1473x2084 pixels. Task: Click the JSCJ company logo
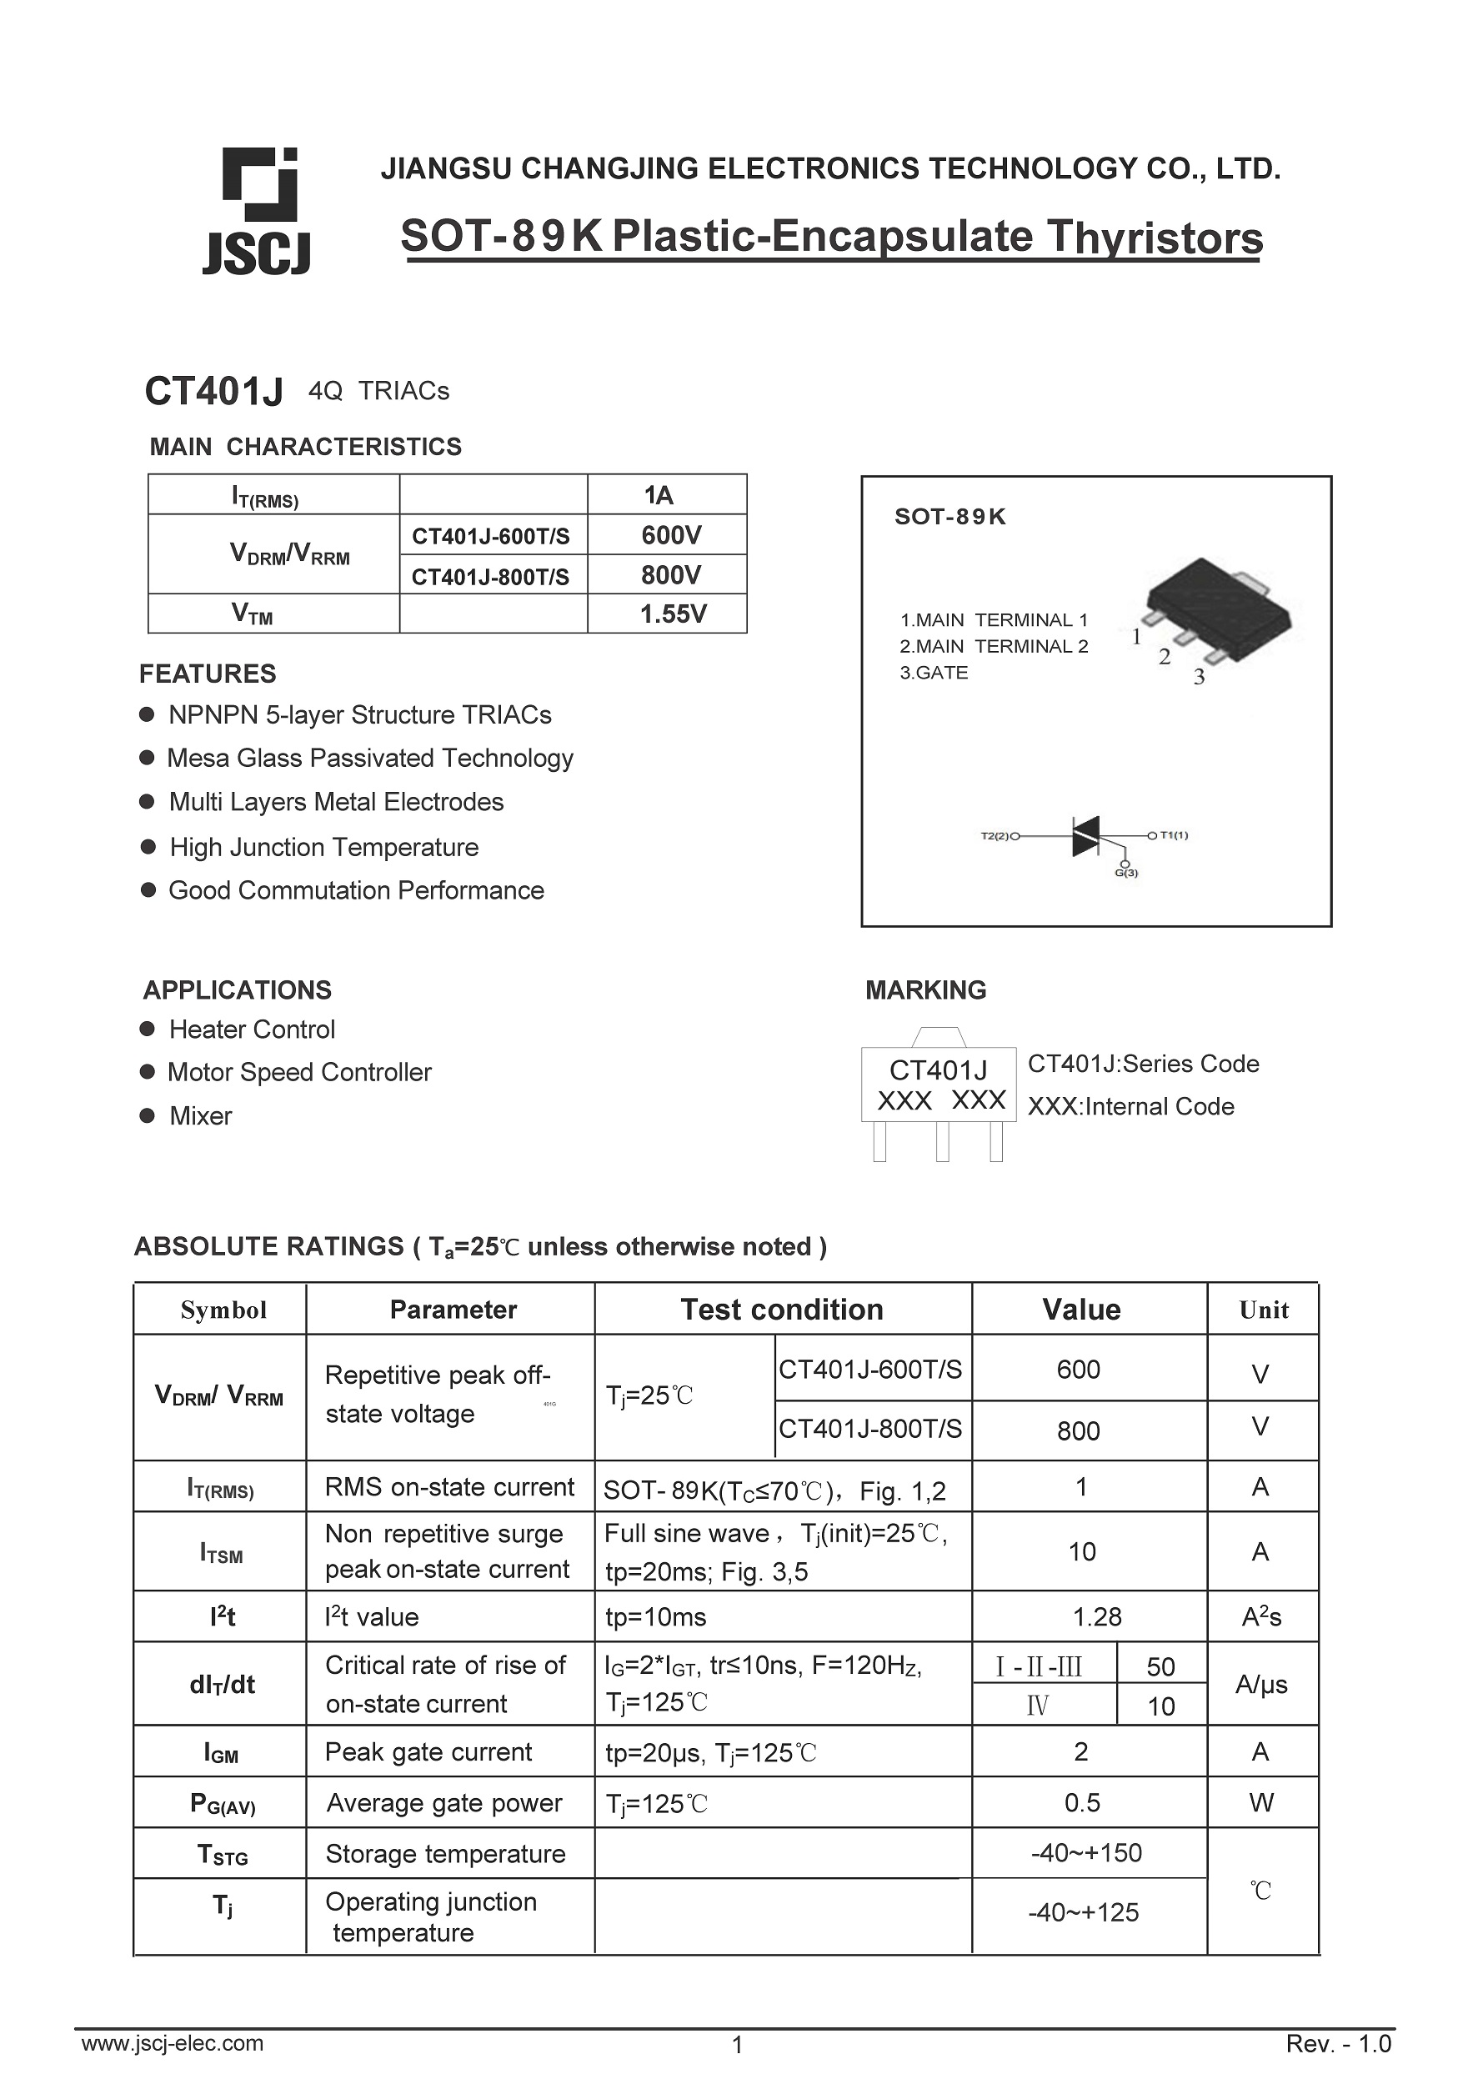click(257, 211)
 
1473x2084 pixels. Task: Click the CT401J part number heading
click(213, 391)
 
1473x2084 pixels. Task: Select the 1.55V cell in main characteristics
click(672, 614)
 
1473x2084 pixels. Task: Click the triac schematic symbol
click(1085, 835)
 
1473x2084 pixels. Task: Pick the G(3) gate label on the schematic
click(1125, 873)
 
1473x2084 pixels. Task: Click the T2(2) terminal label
click(995, 835)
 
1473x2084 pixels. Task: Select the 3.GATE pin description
click(933, 673)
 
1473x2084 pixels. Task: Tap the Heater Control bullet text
click(252, 1029)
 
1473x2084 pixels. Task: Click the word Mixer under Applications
click(201, 1115)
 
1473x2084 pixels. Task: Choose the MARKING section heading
click(924, 990)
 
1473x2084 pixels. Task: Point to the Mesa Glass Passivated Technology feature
click(369, 758)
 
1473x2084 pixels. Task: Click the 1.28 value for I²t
click(1096, 1616)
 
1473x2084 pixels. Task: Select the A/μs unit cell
click(1260, 1685)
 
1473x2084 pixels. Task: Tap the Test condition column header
click(781, 1310)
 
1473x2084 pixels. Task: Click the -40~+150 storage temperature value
click(1085, 1852)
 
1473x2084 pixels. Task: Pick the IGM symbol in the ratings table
click(221, 1753)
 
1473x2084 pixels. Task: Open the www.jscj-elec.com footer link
click(173, 2043)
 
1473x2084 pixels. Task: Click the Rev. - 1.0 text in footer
click(1338, 2044)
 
